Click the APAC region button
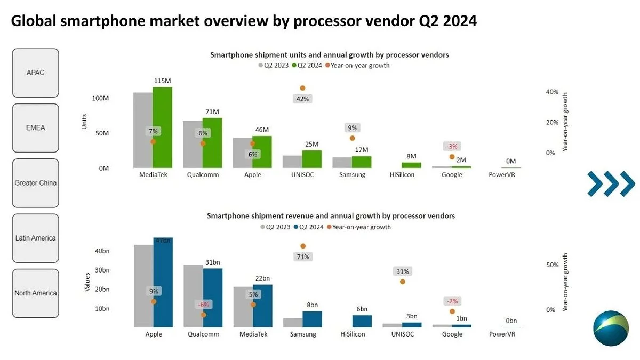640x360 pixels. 36,73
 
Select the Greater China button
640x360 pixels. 36,183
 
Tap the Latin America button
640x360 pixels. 36,238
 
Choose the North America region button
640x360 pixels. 36,293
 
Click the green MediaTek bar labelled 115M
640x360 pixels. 162,128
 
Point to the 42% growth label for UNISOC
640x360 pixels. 302,99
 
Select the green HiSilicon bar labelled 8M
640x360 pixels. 411,165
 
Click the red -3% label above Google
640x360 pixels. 451,147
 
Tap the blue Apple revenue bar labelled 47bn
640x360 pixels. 163,283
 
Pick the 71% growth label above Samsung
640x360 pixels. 303,257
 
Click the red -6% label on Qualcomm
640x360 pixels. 203,304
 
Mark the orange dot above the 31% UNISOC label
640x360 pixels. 402,282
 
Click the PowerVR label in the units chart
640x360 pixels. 502,175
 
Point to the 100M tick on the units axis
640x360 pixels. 100,99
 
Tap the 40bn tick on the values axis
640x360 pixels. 102,251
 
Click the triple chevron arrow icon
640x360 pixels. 611,184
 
